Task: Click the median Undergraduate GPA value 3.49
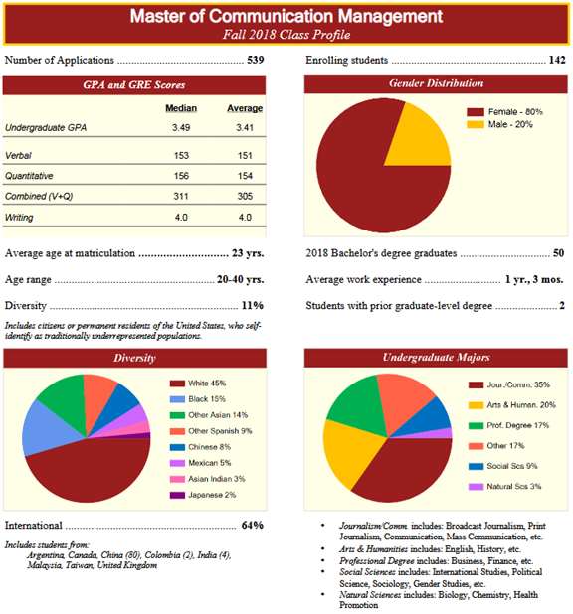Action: (181, 127)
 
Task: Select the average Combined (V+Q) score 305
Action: (245, 196)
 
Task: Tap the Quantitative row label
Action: (29, 176)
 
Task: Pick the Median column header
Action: (181, 108)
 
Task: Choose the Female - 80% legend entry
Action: (504, 112)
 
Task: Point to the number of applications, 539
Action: (256, 60)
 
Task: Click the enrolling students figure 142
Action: (557, 60)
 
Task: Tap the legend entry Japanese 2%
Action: (203, 495)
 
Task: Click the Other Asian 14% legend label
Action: (218, 415)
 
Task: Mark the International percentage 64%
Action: (253, 526)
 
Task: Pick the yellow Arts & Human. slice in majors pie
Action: (345, 450)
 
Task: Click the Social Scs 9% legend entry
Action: (503, 466)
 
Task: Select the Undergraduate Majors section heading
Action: (436, 357)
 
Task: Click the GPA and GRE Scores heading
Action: (134, 85)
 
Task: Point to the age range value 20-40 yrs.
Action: (240, 279)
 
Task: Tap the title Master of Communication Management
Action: (286, 16)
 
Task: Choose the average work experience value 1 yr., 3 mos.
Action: (534, 279)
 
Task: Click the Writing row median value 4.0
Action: (181, 217)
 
